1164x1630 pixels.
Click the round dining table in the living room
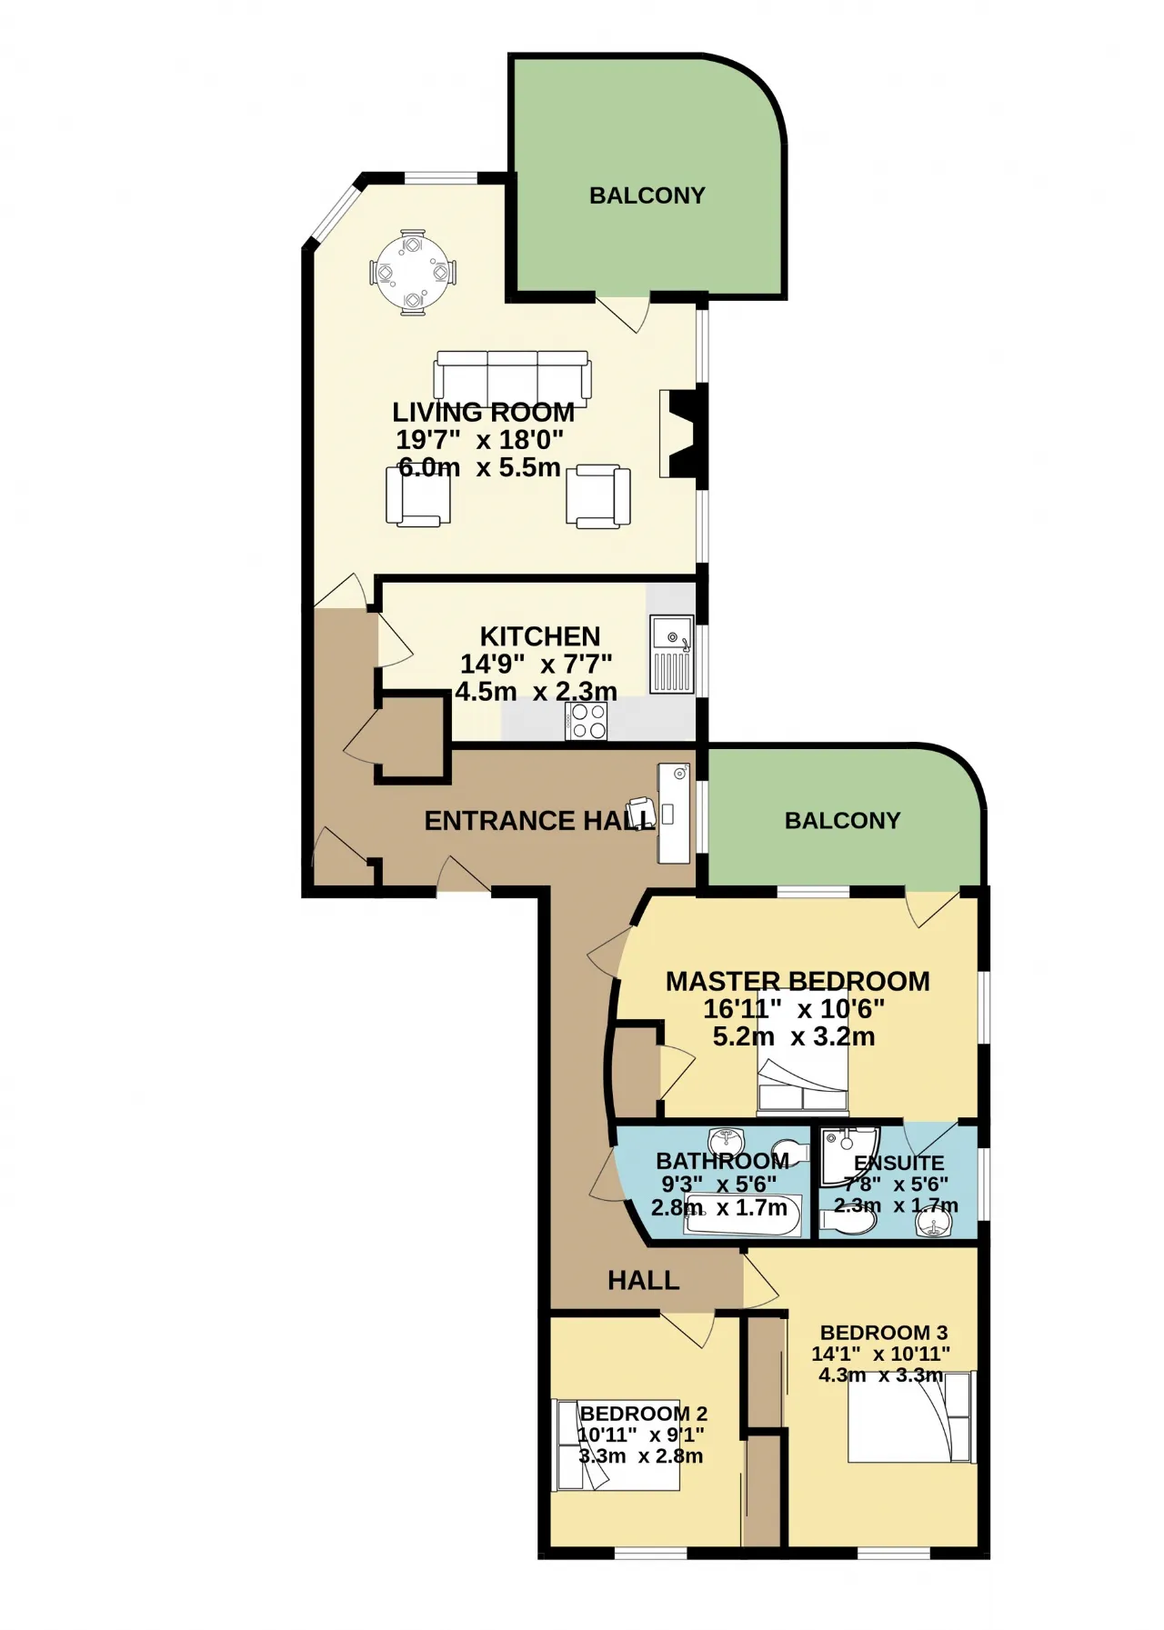click(x=414, y=272)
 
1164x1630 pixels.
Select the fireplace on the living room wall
click(x=683, y=433)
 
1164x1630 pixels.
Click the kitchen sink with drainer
click(x=672, y=655)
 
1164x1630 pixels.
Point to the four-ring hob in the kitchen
click(x=587, y=722)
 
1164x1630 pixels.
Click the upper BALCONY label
click(x=647, y=195)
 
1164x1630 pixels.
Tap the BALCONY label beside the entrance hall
click(x=842, y=821)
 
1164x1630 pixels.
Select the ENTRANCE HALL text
click(x=539, y=821)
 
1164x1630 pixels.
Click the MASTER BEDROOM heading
click(x=798, y=981)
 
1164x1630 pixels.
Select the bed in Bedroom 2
click(x=617, y=1445)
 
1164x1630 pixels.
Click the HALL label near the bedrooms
click(x=644, y=1281)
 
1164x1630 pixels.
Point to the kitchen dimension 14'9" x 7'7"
click(x=537, y=664)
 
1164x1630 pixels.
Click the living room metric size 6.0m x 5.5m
click(x=479, y=469)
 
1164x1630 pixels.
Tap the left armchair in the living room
click(x=418, y=496)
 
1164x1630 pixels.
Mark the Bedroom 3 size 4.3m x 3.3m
click(x=880, y=1375)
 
